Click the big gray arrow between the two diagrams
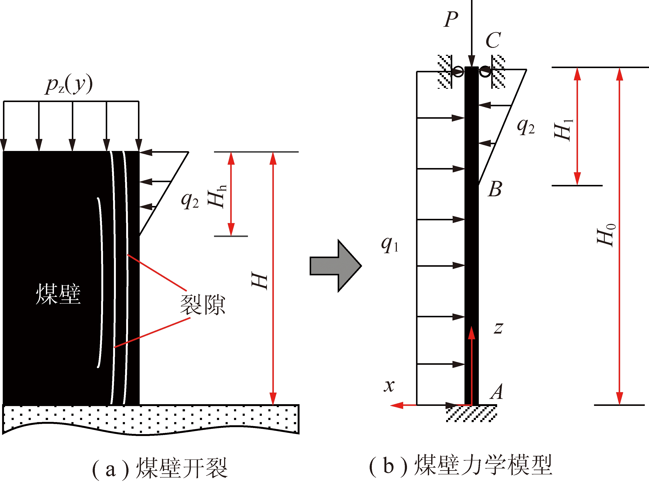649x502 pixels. (336, 266)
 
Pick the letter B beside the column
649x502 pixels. (495, 189)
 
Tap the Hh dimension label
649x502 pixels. (217, 196)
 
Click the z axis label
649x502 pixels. (499, 328)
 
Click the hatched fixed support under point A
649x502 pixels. (471, 414)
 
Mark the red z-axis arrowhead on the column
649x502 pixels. (472, 333)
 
